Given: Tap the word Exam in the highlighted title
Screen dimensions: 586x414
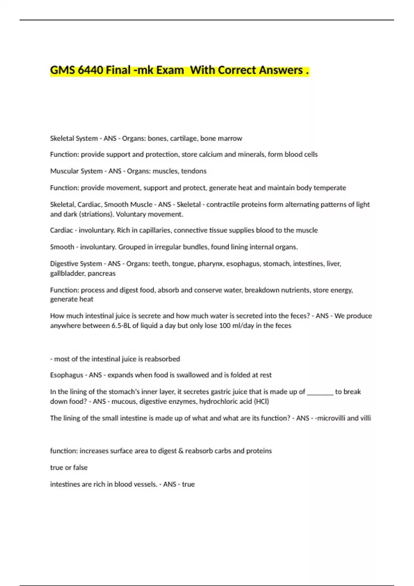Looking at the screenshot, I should pos(170,70).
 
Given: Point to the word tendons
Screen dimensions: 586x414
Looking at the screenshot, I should pos(194,171).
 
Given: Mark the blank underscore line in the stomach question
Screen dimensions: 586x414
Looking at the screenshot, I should pos(320,392).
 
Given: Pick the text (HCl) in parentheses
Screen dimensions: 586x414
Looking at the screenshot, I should pos(261,402).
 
